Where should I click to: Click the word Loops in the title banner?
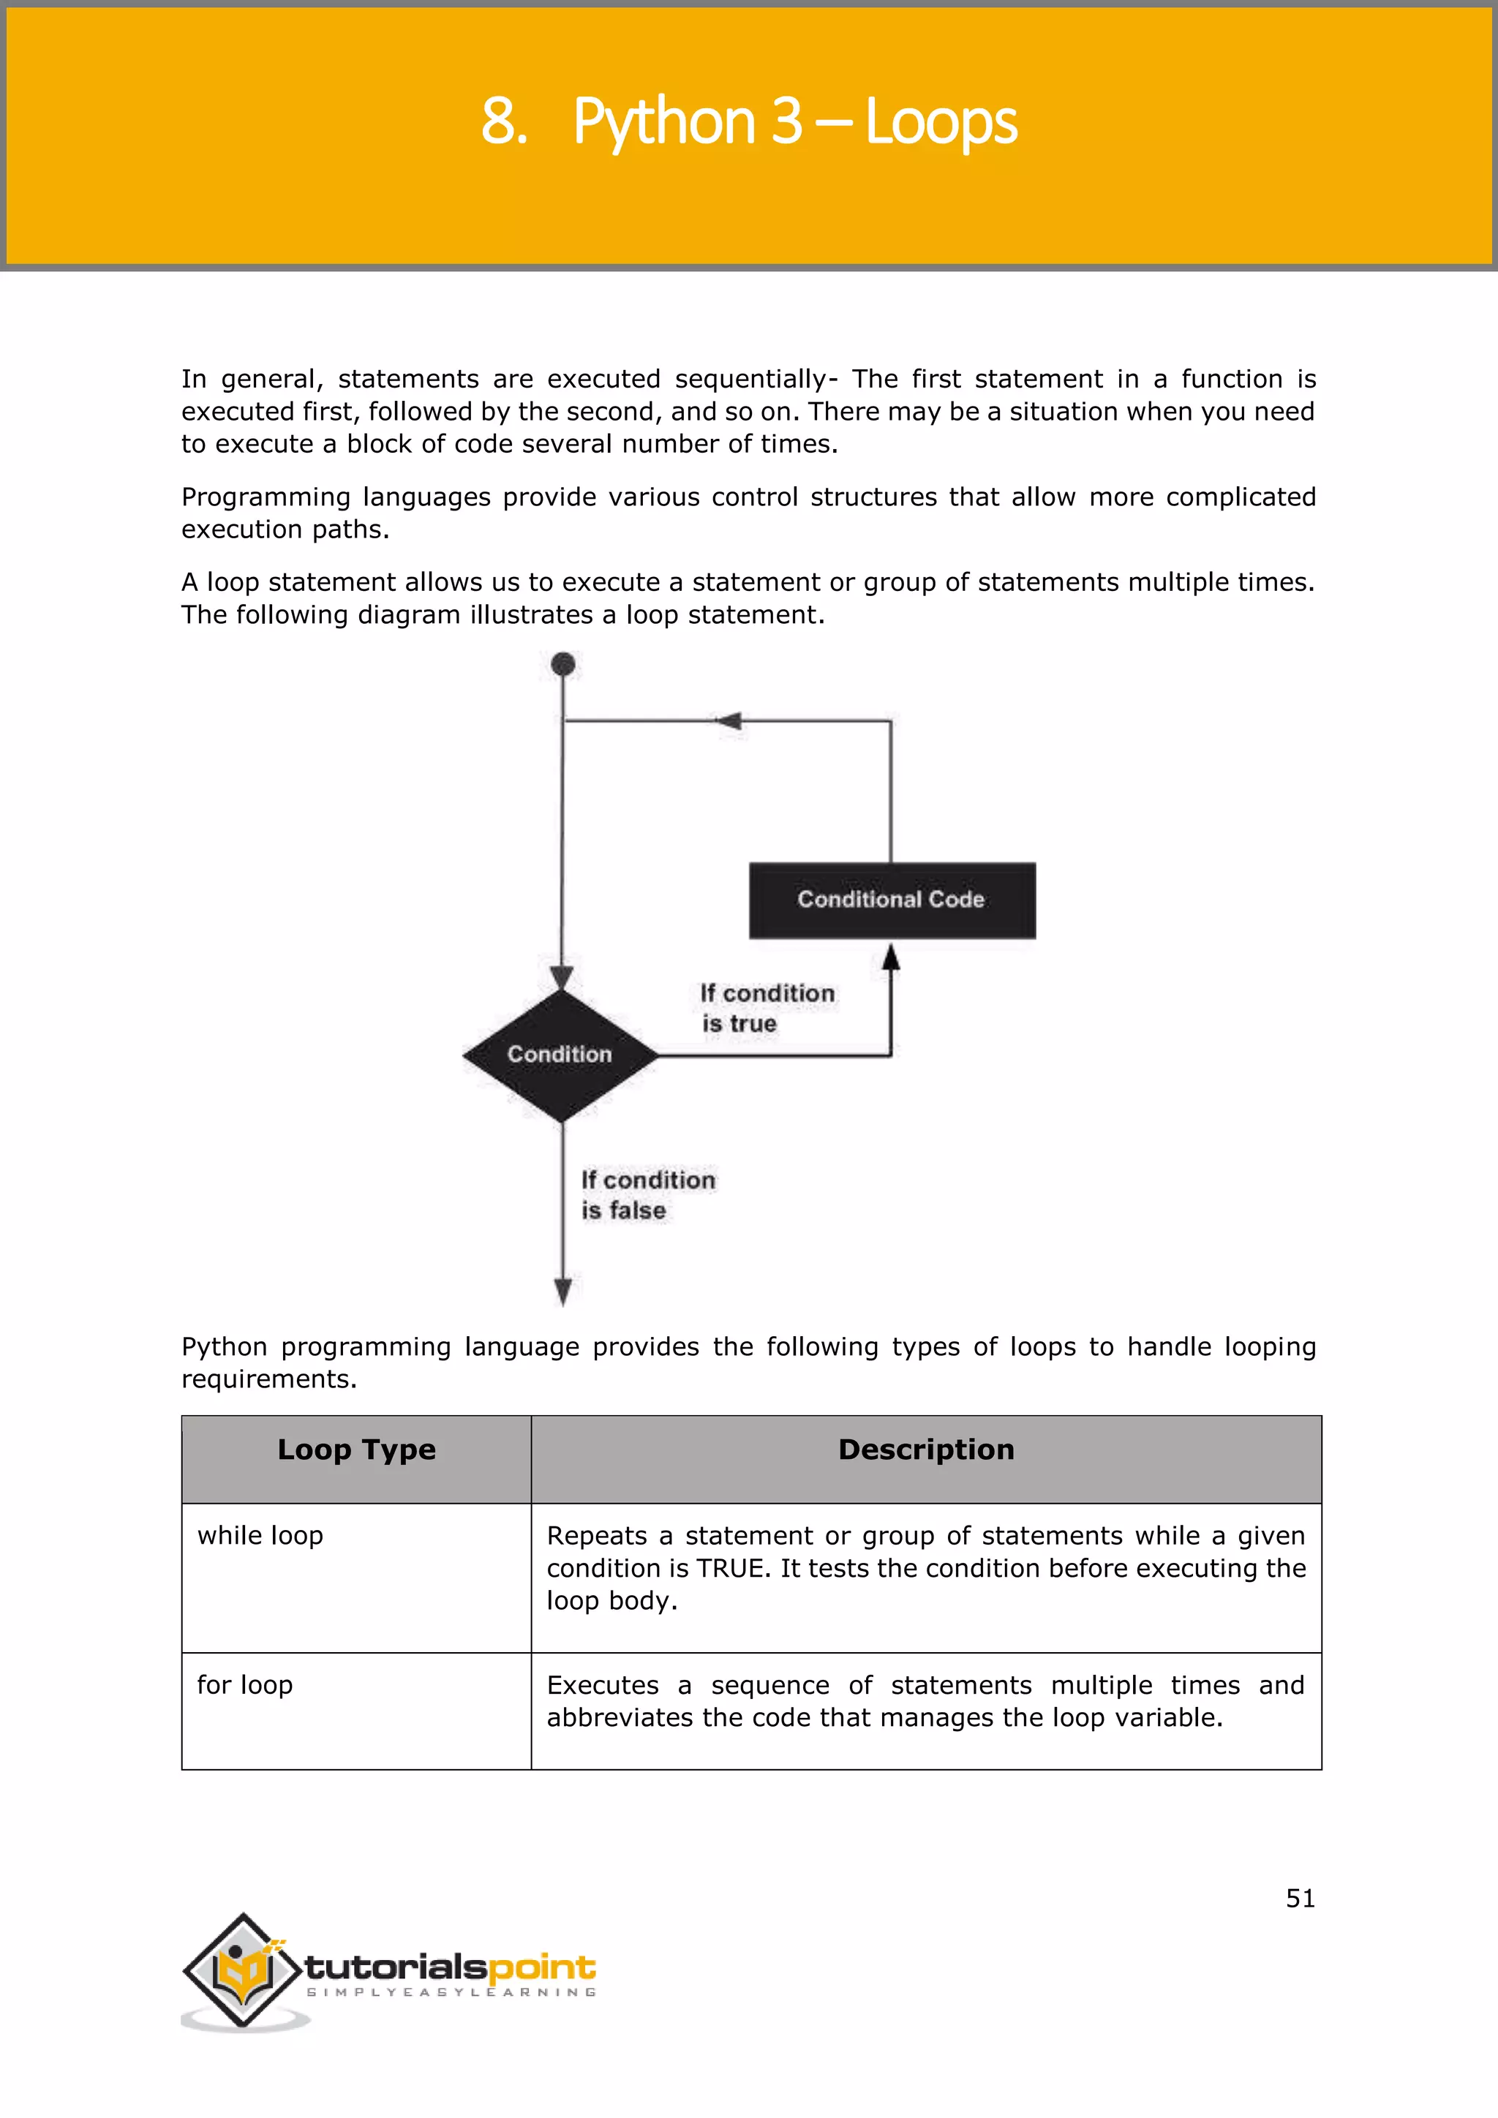(941, 123)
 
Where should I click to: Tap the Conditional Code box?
(891, 900)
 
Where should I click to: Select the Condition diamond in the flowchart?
(560, 1055)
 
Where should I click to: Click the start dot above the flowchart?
(562, 664)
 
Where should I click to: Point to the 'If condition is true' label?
(766, 1009)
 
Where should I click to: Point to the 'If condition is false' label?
(647, 1194)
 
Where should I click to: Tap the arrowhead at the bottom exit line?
(562, 1291)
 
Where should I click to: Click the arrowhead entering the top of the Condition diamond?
(562, 978)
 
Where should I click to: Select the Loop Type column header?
(356, 1450)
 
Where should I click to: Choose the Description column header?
(925, 1450)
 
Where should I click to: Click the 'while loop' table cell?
(260, 1536)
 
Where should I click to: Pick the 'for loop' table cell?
(244, 1685)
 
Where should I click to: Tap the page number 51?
(1300, 1899)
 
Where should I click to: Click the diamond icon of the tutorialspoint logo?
(243, 1970)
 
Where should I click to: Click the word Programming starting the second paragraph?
(266, 497)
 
